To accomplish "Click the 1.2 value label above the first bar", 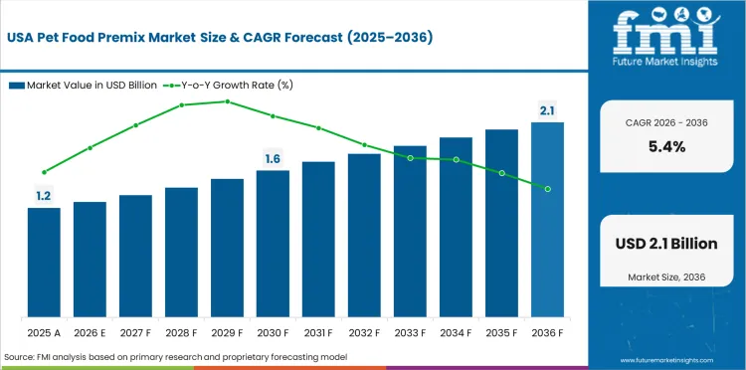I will click(44, 197).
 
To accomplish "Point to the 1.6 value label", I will click(273, 159).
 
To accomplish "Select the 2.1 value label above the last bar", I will click(547, 111).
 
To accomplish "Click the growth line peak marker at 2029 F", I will click(227, 101).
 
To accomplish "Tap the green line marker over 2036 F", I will click(547, 188).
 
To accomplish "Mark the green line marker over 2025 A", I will click(44, 172).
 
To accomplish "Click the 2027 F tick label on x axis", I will click(135, 330).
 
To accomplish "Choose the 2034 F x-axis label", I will click(456, 330).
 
